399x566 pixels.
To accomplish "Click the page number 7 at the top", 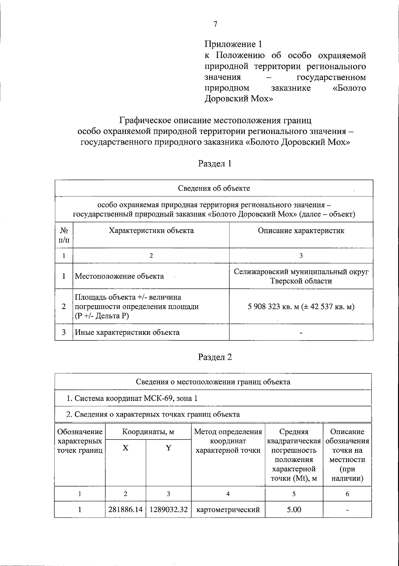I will pos(215,24).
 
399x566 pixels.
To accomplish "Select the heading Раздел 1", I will pos(215,163).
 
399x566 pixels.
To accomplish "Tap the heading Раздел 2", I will pos(215,357).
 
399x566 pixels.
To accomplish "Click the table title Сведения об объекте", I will pos(214,188).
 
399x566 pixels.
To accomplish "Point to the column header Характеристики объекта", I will pos(151,231).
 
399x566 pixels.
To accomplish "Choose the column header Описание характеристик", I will pos(301,231).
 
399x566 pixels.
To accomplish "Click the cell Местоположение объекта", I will pos(119,276).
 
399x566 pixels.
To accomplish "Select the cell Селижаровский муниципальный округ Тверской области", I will pos(301,276).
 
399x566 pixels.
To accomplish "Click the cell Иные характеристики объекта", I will pos(127,332).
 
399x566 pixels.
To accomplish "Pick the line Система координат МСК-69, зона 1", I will pos(132,398).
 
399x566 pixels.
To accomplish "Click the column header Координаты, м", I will pos(148,432).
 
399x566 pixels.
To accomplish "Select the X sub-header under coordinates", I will pos(125,448).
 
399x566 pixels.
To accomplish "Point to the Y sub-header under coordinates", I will pos(169,448).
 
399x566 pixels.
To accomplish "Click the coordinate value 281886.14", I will pos(125,510).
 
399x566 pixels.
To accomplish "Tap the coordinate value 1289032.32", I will pos(169,510).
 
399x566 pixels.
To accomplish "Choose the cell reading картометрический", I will pos(228,510).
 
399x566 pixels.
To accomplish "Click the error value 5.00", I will pos(294,510).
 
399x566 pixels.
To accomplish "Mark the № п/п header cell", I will pos(64,235).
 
